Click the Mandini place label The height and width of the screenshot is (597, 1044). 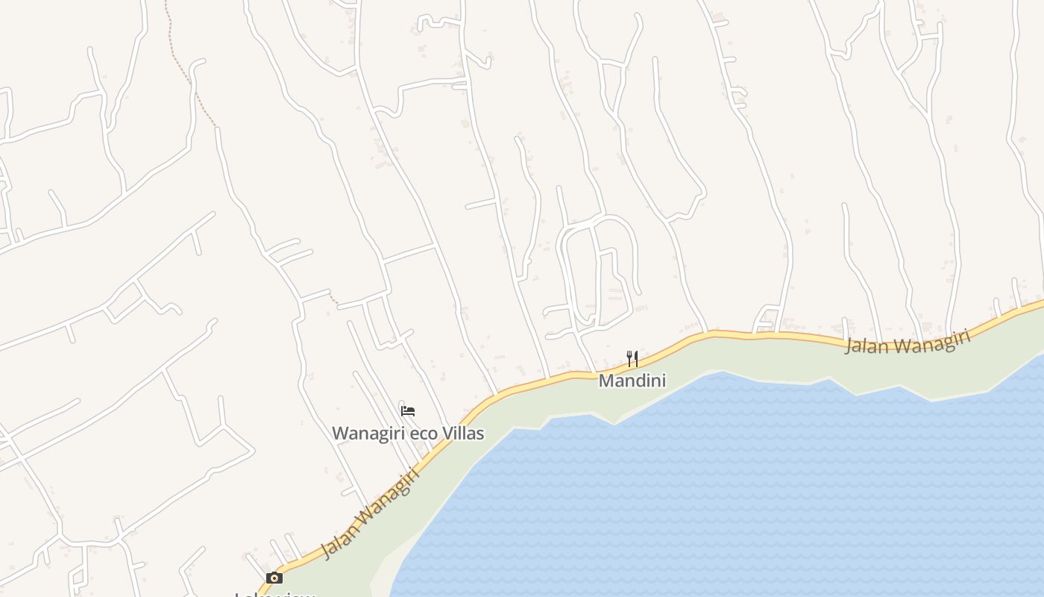pos(632,381)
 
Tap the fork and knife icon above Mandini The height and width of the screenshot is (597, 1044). pos(632,359)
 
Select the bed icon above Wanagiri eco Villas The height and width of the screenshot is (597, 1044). pos(408,411)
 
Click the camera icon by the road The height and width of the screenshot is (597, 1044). pos(274,578)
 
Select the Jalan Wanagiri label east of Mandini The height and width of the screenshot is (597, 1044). pos(908,342)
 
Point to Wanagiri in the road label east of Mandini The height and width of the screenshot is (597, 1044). pos(932,339)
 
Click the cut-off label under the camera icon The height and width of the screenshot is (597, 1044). pos(274,594)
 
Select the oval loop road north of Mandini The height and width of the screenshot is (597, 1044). pos(635,254)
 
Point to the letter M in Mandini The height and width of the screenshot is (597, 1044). pos(606,381)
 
